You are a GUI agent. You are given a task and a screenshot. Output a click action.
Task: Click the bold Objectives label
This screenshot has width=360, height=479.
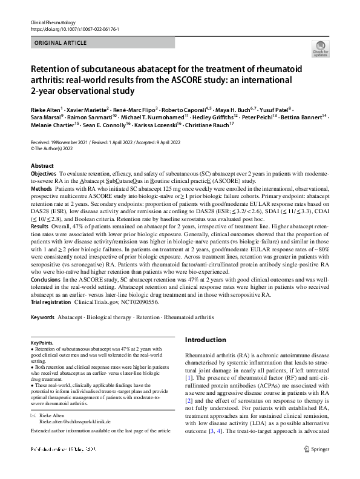tap(44, 173)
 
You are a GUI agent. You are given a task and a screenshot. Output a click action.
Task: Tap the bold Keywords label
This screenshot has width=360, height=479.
tap(42, 316)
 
